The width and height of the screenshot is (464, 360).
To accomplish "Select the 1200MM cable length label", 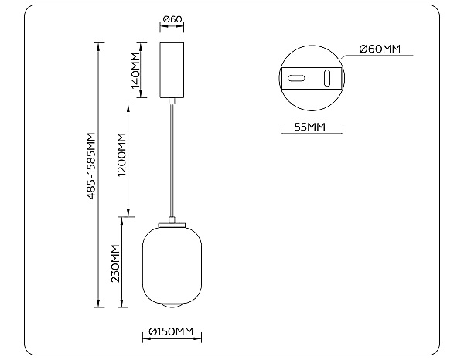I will (x=121, y=158).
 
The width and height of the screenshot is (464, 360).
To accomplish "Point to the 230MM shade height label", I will (x=115, y=263).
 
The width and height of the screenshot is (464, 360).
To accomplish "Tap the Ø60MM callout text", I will (x=380, y=50).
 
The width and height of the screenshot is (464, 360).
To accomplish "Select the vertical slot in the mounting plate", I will (x=326, y=77).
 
